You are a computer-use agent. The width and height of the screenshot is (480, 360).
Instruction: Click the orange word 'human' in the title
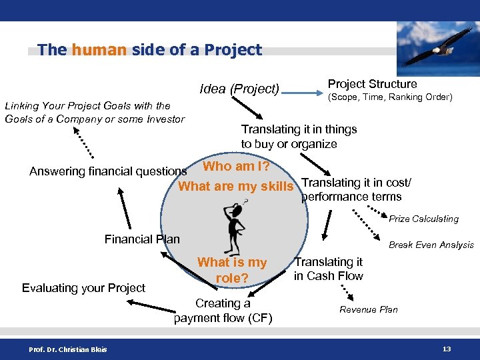(x=99, y=50)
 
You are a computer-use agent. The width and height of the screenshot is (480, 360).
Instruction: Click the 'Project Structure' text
(x=372, y=84)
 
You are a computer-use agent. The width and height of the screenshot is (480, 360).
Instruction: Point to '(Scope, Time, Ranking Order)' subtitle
(x=390, y=97)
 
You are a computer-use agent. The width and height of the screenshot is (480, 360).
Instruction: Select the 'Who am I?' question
(x=236, y=166)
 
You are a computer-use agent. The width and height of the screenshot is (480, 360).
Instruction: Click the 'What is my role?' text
(x=231, y=270)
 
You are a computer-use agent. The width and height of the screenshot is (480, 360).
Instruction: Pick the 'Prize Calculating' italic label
(x=423, y=219)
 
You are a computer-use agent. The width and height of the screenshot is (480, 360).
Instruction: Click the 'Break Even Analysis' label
(x=431, y=245)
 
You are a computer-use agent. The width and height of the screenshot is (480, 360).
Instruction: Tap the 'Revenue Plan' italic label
(x=368, y=309)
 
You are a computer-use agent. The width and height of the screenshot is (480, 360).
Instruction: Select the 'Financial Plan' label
(x=142, y=239)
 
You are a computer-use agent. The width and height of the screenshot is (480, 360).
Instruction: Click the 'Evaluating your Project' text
(x=83, y=288)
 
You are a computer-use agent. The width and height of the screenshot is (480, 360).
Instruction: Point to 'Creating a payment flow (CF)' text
(x=223, y=311)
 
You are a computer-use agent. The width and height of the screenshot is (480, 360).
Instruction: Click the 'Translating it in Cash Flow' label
(x=329, y=269)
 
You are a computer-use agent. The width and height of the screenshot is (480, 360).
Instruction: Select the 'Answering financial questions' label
(x=108, y=171)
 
